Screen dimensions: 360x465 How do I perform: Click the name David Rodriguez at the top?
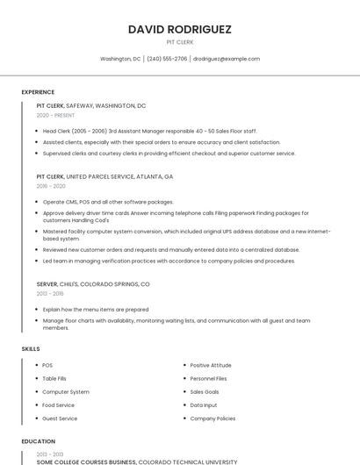(x=180, y=29)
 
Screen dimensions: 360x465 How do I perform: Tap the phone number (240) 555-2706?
(x=167, y=59)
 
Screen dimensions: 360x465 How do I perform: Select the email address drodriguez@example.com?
(x=227, y=59)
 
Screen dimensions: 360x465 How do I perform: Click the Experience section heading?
(x=38, y=92)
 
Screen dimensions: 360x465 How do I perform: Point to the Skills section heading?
(x=31, y=349)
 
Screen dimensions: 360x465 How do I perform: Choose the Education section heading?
(x=39, y=441)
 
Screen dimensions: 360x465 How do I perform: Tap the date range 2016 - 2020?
(x=51, y=186)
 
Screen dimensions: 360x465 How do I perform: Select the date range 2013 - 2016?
(x=51, y=294)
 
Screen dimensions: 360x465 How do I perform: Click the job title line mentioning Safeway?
(x=91, y=105)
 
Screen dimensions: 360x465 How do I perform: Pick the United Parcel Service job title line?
(x=104, y=176)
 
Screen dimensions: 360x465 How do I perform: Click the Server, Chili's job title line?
(x=93, y=284)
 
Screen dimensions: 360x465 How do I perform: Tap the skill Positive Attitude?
(x=211, y=365)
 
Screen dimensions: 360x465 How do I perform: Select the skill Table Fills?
(x=54, y=378)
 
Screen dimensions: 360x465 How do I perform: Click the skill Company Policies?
(x=212, y=418)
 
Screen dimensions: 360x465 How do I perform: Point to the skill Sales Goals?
(x=205, y=391)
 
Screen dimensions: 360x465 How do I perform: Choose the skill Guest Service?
(x=60, y=418)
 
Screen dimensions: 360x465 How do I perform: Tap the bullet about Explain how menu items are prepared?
(x=96, y=309)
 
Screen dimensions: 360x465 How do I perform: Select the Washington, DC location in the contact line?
(x=120, y=59)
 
